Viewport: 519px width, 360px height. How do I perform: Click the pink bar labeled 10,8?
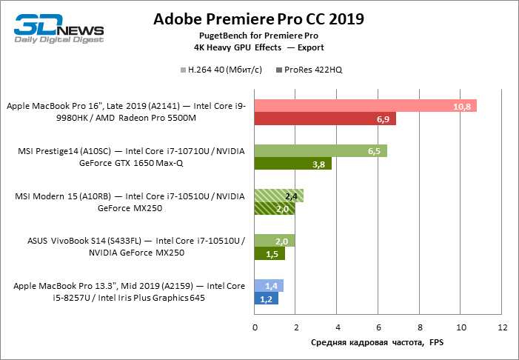point(366,106)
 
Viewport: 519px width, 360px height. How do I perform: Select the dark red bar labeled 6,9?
point(325,119)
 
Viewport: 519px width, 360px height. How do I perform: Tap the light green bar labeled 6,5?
point(321,150)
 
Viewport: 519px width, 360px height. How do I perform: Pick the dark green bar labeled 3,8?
point(293,164)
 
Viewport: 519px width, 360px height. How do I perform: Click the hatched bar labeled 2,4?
point(279,196)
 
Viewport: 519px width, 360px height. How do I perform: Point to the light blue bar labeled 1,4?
point(269,285)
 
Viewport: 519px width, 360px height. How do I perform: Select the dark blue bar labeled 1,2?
point(267,299)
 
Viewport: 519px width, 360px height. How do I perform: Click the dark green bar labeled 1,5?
point(269,253)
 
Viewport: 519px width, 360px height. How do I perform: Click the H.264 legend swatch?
point(184,70)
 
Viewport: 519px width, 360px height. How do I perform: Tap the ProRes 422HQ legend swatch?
point(279,70)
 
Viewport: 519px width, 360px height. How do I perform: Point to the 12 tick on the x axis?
point(503,327)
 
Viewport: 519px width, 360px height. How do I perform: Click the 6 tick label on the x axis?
point(378,327)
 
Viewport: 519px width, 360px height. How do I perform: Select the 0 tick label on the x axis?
point(255,327)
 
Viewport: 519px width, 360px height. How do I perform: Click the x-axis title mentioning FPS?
point(377,342)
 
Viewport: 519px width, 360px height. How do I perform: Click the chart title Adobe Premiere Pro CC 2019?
point(258,19)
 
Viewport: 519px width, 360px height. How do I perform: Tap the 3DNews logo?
point(59,28)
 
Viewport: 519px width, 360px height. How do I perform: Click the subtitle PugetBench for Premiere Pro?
point(258,36)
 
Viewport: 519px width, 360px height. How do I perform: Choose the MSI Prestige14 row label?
point(131,157)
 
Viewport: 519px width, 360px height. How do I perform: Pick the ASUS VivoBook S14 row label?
point(136,247)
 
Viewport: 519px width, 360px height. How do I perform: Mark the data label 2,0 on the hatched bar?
point(282,209)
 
